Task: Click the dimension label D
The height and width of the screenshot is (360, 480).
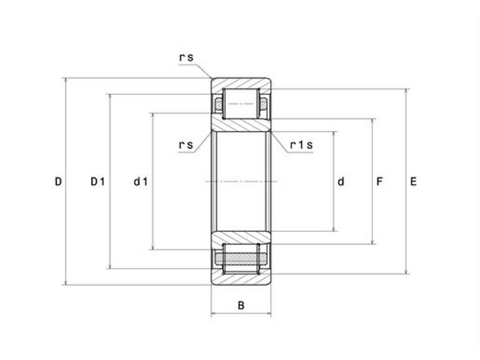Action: [58, 181]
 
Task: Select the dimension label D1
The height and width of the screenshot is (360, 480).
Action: [98, 181]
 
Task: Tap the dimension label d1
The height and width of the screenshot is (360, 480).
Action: [141, 181]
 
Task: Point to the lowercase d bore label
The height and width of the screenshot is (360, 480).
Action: [341, 181]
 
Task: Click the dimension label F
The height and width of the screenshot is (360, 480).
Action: [379, 181]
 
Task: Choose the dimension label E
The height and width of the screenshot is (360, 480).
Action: [413, 181]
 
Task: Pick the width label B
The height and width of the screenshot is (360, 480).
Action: [241, 305]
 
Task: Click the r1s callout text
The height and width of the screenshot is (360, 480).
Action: [301, 145]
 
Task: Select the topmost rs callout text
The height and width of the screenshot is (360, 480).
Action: [186, 58]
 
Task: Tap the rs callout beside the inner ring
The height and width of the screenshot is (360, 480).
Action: [186, 145]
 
